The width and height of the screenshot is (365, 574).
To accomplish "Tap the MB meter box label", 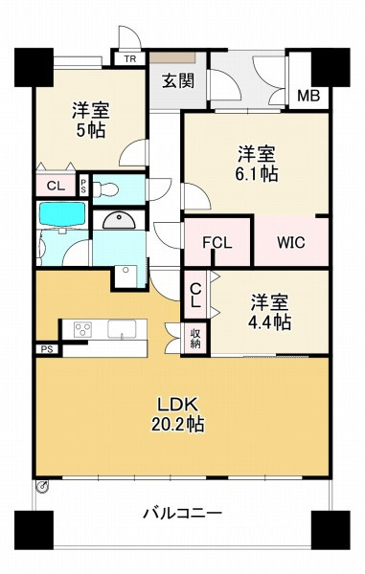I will point(308,96).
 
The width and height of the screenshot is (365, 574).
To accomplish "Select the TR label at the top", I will point(129,57).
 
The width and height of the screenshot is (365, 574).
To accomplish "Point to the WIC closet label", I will point(291,242).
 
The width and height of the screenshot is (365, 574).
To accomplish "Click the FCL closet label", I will point(217,242).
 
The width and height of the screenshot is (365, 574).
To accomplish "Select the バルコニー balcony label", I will point(182,512).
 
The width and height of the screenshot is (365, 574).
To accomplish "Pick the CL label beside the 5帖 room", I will point(55,185).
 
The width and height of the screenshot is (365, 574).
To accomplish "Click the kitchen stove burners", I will point(80,330).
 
